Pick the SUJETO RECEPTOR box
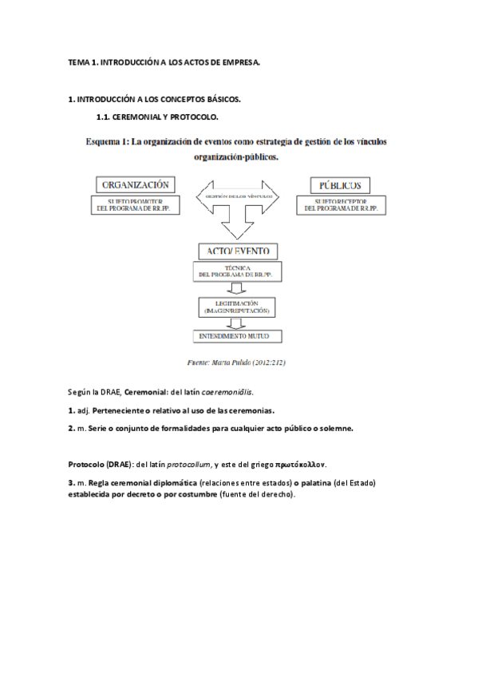pyautogui.click(x=344, y=205)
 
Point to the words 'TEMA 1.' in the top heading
pyautogui.click(x=83, y=61)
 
